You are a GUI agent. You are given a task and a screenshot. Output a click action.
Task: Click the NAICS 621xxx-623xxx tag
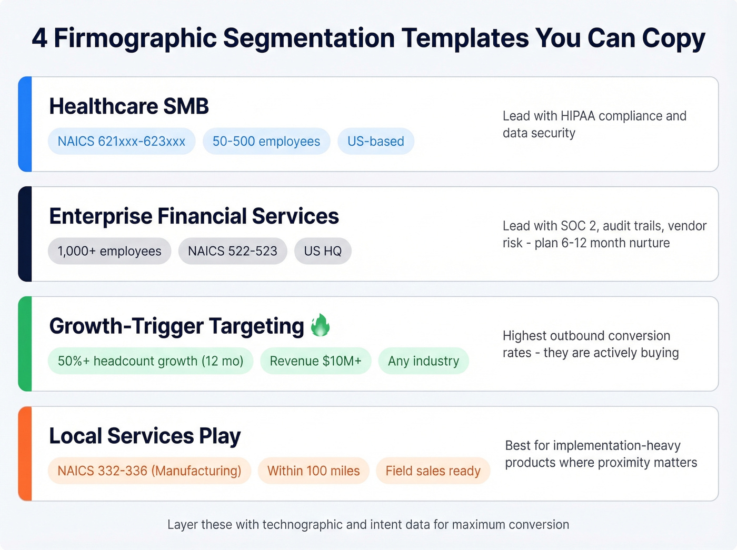[x=122, y=142]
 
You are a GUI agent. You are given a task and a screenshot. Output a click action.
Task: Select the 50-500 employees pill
[x=266, y=142]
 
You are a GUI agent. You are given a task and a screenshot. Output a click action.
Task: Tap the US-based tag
[x=376, y=142]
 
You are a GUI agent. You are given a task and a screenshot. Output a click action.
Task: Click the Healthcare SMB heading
[x=129, y=106]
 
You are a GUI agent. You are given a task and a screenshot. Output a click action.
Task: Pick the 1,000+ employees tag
[x=109, y=251]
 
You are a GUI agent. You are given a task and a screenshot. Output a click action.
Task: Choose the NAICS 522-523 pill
[x=233, y=251]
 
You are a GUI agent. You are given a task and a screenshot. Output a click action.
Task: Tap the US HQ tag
[x=323, y=251]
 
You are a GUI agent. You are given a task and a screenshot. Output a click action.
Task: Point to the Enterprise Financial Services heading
[x=194, y=216]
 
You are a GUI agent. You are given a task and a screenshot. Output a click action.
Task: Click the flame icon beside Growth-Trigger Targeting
[x=320, y=325]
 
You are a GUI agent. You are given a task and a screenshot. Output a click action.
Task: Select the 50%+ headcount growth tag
[x=151, y=361]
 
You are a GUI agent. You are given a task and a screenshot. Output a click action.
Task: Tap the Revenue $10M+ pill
[x=316, y=361]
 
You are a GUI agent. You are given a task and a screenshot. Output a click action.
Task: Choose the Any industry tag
[x=424, y=361]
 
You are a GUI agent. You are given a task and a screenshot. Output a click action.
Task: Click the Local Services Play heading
[x=145, y=436]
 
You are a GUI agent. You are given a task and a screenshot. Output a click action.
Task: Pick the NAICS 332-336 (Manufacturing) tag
[x=150, y=471]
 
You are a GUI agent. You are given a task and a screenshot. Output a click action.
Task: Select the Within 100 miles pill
[x=314, y=471]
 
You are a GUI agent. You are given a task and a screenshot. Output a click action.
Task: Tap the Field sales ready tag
[x=433, y=471]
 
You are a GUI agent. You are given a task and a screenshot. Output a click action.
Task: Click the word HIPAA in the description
[x=578, y=116]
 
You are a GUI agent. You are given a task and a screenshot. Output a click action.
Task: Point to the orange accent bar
[x=25, y=454]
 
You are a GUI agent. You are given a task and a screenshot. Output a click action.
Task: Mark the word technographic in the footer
[x=303, y=525]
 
